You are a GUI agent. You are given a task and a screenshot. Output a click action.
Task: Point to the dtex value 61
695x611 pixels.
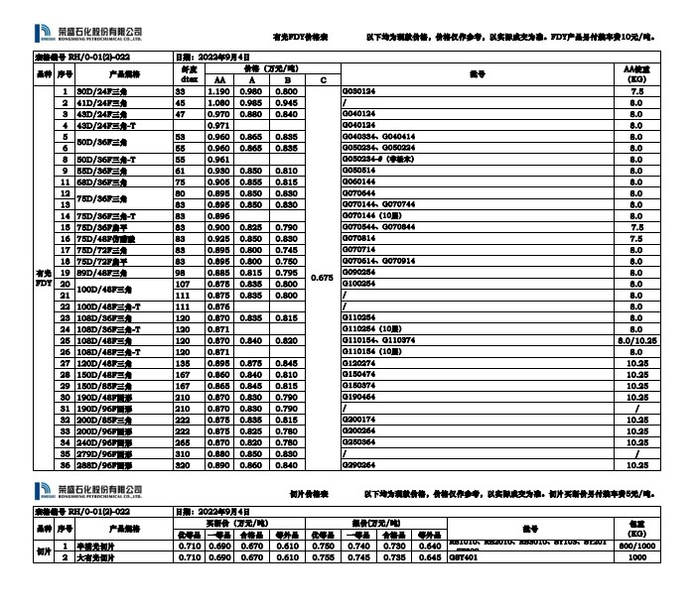181,171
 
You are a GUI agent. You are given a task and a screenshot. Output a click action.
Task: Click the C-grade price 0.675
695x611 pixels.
322,279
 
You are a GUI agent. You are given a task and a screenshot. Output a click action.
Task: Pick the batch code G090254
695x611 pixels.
358,272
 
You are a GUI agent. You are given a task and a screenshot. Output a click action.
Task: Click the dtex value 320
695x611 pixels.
181,464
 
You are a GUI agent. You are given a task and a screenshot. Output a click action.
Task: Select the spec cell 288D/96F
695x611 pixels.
103,464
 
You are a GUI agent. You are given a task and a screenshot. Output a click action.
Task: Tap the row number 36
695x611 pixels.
65,464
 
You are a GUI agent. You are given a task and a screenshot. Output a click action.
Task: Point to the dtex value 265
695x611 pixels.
181,441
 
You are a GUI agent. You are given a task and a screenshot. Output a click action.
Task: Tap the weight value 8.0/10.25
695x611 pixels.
637,339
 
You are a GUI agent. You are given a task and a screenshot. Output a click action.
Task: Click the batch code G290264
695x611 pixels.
358,464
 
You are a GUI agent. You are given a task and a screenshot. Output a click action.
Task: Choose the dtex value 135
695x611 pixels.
181,363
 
